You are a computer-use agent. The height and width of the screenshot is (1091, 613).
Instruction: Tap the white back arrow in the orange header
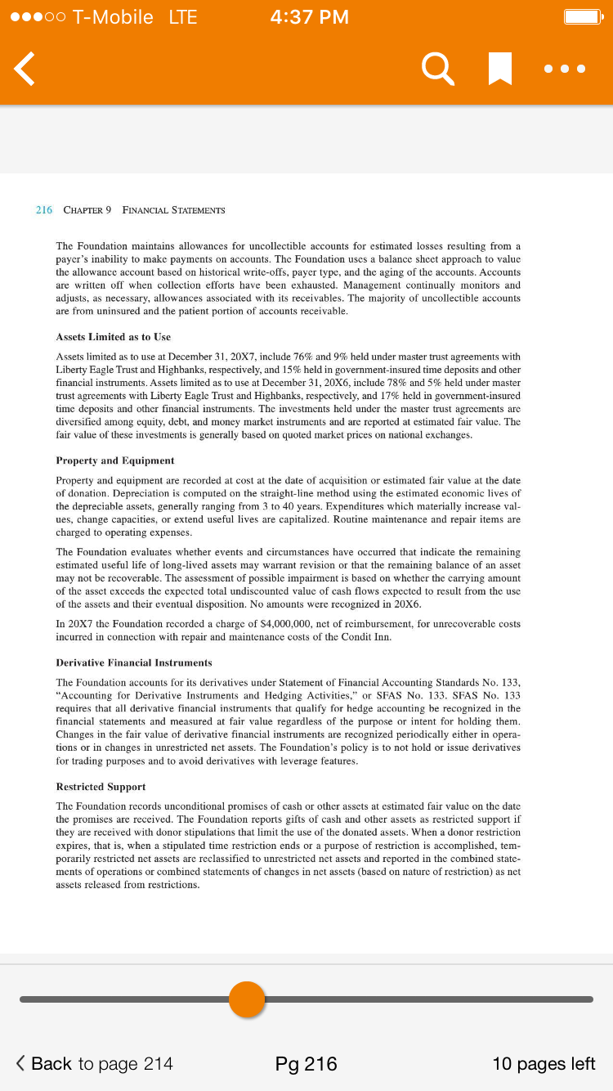[25, 69]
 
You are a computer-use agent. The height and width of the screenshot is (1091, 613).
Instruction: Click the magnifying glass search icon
[438, 69]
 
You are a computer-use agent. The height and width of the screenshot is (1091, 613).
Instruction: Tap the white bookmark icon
[499, 69]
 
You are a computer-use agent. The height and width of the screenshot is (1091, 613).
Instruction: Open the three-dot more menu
[565, 70]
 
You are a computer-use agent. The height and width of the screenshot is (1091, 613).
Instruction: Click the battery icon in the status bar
[584, 17]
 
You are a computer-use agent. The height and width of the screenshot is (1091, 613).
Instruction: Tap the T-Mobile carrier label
[113, 17]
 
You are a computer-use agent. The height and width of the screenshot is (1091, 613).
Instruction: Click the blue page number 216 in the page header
[44, 210]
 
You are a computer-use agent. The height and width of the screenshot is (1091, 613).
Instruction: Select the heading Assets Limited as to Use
[113, 337]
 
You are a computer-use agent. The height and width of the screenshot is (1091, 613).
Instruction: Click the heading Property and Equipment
[115, 460]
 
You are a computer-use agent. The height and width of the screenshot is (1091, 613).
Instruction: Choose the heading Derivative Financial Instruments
[134, 662]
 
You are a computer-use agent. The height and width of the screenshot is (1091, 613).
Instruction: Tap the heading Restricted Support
[101, 787]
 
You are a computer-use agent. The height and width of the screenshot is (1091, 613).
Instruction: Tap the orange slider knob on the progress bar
[247, 999]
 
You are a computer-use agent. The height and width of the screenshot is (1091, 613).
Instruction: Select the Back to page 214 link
[95, 1063]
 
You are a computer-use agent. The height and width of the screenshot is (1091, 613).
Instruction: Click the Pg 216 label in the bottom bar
[306, 1063]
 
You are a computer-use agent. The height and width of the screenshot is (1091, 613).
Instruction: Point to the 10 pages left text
[544, 1063]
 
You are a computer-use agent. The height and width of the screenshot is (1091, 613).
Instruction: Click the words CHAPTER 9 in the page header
[87, 210]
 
